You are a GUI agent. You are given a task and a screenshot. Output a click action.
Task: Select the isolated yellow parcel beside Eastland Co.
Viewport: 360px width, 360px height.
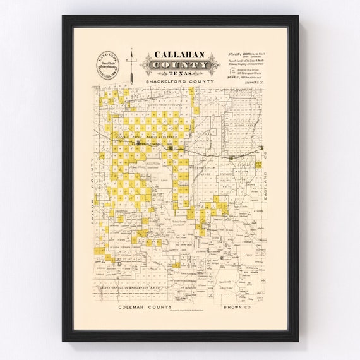coord(258,164)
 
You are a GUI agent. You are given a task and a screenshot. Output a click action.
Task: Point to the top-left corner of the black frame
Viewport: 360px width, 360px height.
coord(63,16)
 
